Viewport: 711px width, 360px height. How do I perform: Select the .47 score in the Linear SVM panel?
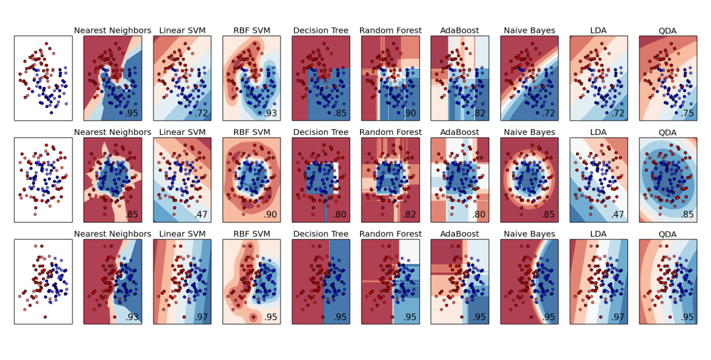point(202,215)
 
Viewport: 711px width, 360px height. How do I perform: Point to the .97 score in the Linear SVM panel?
point(202,317)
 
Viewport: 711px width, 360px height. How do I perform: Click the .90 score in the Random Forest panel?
point(410,113)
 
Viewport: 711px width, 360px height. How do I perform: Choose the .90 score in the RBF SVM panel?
point(271,215)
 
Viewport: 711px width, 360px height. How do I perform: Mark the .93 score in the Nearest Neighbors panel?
point(132,317)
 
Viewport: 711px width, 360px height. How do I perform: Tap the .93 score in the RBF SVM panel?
point(271,113)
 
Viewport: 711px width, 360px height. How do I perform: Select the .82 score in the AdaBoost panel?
point(479,113)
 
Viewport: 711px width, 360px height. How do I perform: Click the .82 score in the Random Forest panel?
point(410,215)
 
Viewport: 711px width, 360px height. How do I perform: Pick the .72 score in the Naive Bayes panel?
point(549,113)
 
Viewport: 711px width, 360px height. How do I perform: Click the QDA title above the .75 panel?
point(668,30)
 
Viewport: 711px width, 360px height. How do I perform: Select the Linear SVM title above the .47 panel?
point(182,132)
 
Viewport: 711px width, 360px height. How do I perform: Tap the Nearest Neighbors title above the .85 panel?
point(113,132)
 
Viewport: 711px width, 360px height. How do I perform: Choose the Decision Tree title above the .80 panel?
point(321,132)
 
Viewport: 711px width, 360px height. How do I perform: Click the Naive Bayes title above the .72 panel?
point(529,30)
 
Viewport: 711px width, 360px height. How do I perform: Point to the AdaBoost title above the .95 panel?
point(460,234)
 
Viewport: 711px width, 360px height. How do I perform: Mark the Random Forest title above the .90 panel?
point(390,30)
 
